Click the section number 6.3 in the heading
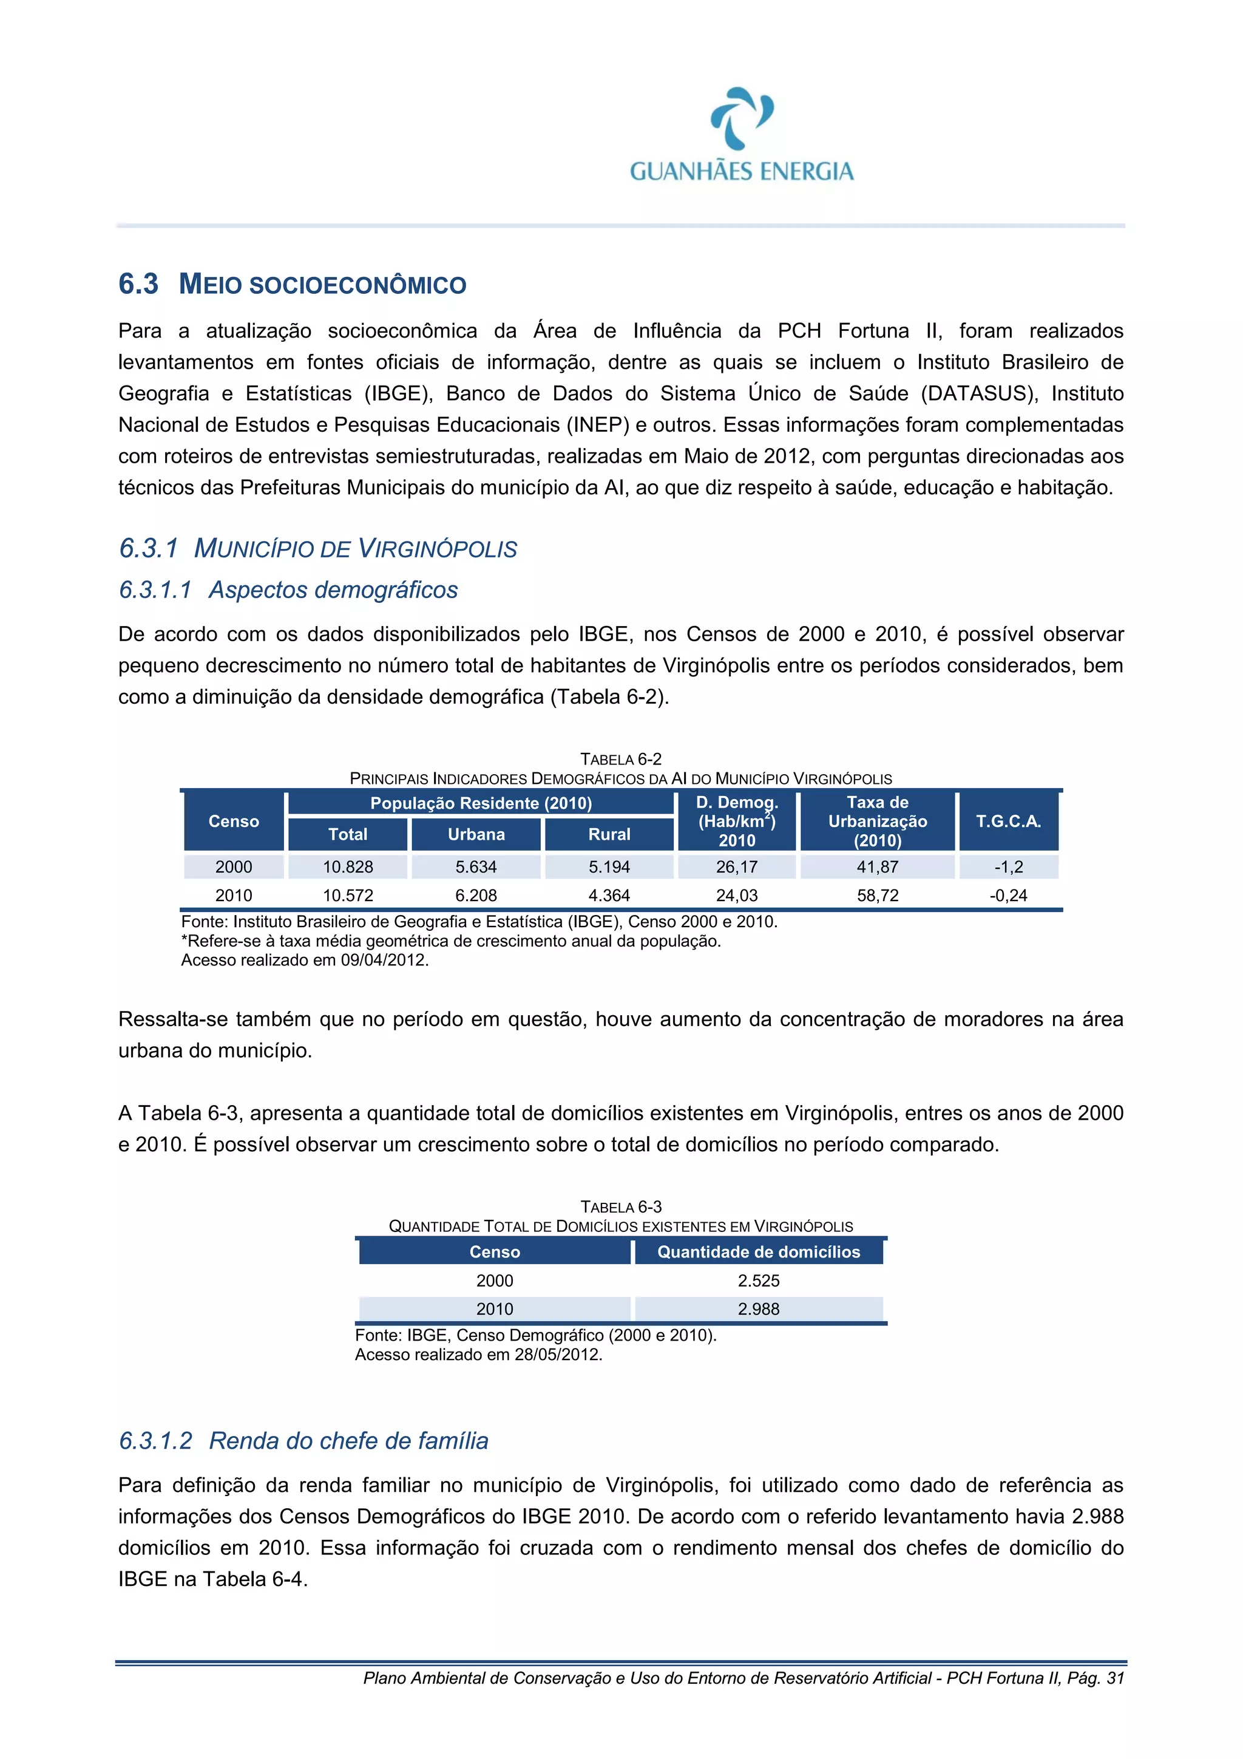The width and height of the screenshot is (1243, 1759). (138, 284)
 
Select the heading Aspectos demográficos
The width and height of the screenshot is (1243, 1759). (333, 590)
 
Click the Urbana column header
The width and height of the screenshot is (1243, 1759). (476, 834)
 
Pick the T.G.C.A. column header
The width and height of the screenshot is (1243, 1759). (1008, 822)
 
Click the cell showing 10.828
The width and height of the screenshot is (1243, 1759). (348, 866)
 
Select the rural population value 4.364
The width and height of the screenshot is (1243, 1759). (609, 895)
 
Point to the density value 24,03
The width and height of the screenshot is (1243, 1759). (736, 895)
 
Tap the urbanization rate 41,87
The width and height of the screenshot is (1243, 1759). (877, 866)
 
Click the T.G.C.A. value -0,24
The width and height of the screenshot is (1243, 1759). (1008, 895)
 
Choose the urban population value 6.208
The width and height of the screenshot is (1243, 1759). (476, 895)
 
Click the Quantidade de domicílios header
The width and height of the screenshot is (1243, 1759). (758, 1252)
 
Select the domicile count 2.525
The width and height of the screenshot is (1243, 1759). (758, 1280)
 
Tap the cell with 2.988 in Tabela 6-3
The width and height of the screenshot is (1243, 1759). (758, 1308)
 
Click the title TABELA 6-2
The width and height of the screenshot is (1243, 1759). (620, 759)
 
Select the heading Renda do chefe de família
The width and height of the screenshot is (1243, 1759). (348, 1440)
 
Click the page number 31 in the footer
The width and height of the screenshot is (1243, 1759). (1115, 1678)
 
